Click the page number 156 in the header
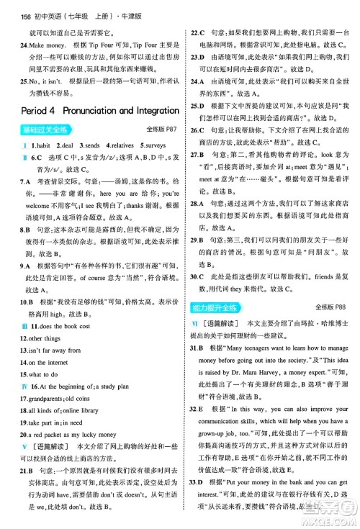[9, 7]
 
